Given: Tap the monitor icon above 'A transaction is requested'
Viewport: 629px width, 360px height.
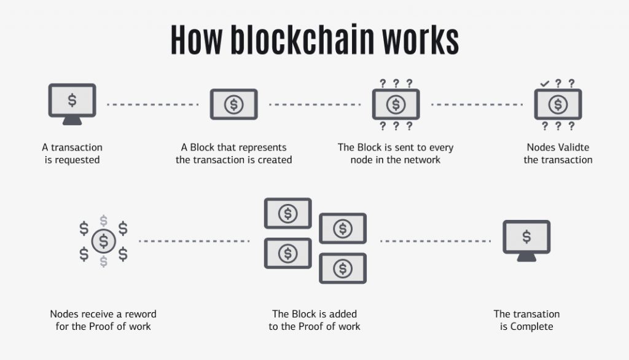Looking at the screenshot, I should tap(72, 103).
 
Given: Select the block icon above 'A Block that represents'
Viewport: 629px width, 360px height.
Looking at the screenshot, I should tap(233, 104).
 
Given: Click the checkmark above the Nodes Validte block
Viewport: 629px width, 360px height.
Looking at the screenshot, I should tap(544, 84).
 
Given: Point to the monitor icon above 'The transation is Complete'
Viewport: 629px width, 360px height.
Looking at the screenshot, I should tap(526, 240).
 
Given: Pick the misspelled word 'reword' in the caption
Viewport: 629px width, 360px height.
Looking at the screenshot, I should tap(142, 314).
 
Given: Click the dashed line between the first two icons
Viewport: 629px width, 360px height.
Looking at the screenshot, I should tap(153, 104).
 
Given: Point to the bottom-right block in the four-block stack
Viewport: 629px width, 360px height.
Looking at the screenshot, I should tap(343, 268).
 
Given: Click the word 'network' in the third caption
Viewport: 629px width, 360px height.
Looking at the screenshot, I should tap(422, 160).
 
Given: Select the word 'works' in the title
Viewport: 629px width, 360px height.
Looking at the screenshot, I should tap(420, 39).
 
